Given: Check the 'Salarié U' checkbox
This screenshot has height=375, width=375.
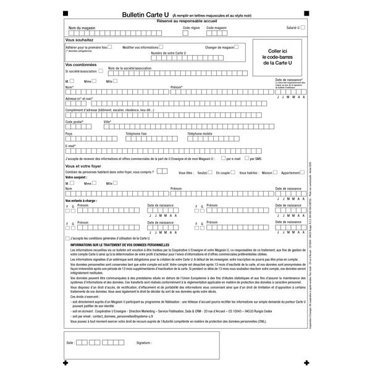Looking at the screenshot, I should (303, 28).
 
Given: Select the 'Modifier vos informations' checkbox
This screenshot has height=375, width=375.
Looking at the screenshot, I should (161, 46).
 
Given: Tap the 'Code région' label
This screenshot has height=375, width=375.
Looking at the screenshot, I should (192, 28).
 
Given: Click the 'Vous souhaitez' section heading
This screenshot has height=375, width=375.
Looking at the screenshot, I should (79, 40).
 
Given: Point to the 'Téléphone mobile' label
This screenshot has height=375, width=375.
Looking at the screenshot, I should (200, 133).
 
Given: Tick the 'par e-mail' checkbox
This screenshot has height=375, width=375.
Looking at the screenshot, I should (221, 159).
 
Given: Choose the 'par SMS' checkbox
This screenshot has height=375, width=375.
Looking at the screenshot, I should (246, 159).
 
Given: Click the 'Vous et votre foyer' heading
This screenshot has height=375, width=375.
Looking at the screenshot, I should (83, 166).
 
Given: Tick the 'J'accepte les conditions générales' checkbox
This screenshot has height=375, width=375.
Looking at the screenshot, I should (67, 238).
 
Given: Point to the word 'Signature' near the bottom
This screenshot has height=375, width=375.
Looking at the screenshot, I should (144, 341).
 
